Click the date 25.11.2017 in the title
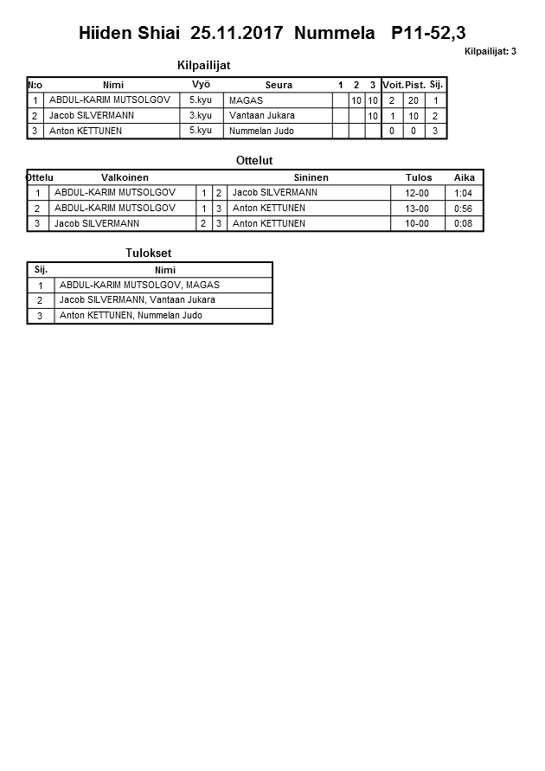tap(236, 33)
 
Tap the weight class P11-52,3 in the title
tap(428, 33)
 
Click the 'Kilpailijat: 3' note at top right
tap(490, 52)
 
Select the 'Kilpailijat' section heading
tap(202, 65)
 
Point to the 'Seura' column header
tap(279, 85)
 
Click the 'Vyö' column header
tap(201, 85)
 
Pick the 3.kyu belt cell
tap(201, 116)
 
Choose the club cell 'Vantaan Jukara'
tap(261, 116)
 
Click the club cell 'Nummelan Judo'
tap(261, 132)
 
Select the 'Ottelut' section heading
tap(254, 161)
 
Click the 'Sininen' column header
tap(311, 177)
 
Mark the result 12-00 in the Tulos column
tap(417, 193)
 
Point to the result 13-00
tap(417, 209)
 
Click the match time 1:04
tap(464, 193)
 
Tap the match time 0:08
tap(464, 223)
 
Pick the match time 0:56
tap(464, 209)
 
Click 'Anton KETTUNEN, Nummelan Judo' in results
tap(131, 316)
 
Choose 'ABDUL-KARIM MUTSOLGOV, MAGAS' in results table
tap(139, 285)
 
